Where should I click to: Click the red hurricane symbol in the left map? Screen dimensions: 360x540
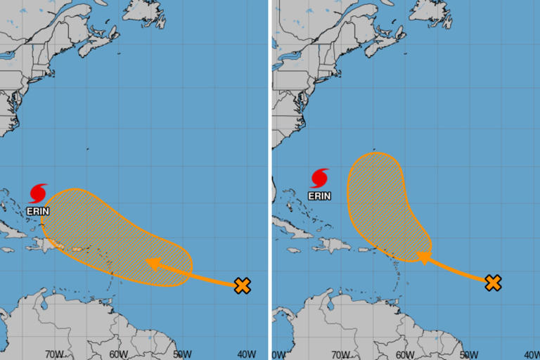coord(38,193)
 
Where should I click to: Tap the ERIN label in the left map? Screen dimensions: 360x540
coord(38,210)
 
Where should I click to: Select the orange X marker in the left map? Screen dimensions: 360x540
coord(243,285)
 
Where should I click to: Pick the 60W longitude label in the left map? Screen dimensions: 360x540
coord(117,354)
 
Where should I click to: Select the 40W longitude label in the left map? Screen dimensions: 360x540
coord(247,354)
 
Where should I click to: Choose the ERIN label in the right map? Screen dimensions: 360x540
coord(320,195)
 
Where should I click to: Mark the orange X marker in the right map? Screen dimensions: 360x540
coord(494,283)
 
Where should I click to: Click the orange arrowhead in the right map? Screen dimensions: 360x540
coord(424,258)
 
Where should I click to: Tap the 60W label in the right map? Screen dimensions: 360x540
coord(404,354)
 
